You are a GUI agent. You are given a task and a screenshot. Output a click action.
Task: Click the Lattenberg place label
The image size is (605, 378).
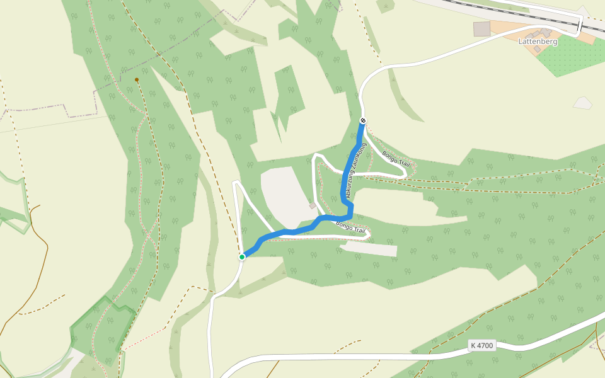[538, 42]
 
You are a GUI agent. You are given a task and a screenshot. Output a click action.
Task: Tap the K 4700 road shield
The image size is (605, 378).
[482, 345]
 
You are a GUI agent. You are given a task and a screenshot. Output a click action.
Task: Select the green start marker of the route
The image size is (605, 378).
[242, 256]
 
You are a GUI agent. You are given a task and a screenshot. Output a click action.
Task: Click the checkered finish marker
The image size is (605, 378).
[362, 120]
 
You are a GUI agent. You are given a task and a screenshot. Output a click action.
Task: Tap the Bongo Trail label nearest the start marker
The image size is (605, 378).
[351, 227]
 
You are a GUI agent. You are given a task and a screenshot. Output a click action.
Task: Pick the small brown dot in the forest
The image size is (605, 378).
[137, 80]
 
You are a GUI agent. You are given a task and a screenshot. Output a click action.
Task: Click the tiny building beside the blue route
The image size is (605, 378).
[313, 205]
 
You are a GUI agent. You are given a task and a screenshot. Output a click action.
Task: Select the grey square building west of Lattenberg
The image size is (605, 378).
[482, 29]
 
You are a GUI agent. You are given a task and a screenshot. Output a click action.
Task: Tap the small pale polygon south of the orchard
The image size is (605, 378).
[583, 103]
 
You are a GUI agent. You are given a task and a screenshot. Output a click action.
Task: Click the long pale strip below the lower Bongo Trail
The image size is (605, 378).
[372, 249]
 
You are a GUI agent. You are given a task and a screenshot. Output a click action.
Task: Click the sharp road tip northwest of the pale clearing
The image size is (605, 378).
[236, 183]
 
